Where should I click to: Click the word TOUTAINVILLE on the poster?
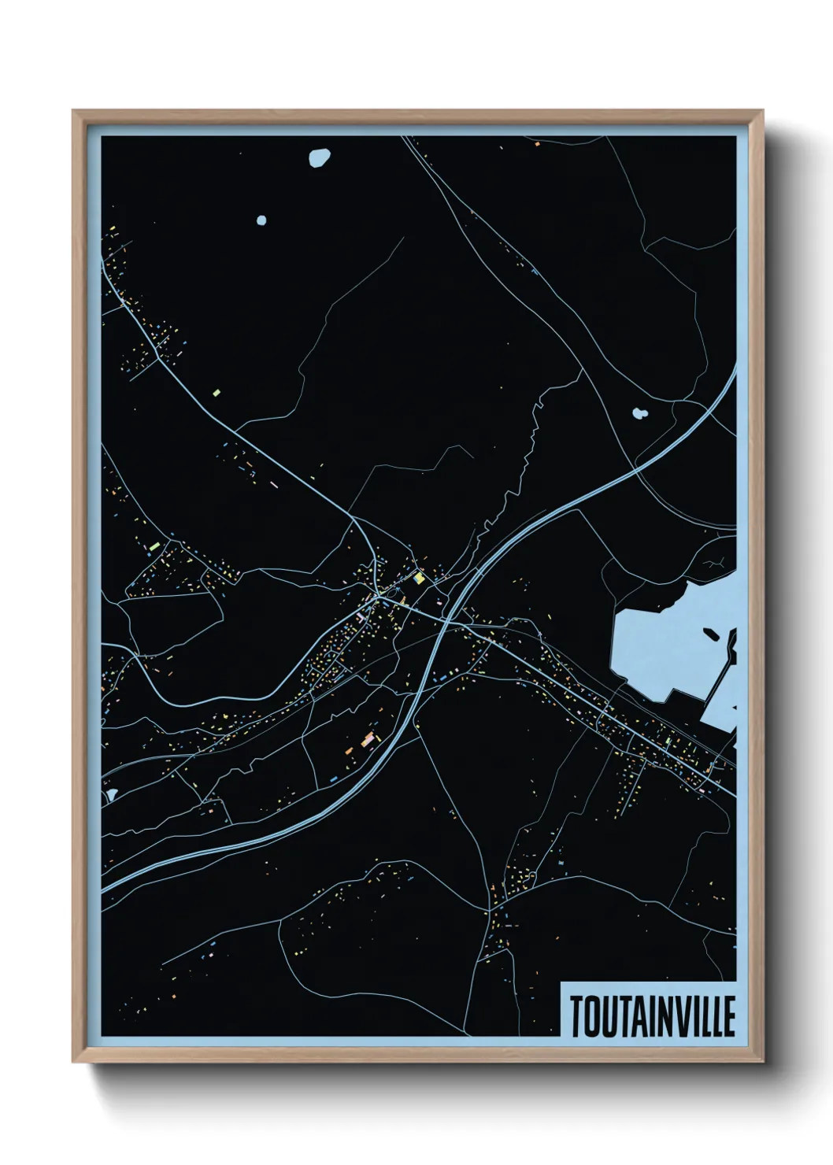click(652, 1016)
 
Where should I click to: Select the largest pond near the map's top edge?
click(319, 157)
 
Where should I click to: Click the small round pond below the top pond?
click(261, 220)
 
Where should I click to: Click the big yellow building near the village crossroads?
click(420, 579)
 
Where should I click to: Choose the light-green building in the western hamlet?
click(154, 545)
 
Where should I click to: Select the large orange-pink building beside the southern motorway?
click(367, 739)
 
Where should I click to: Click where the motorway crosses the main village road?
click(446, 621)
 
